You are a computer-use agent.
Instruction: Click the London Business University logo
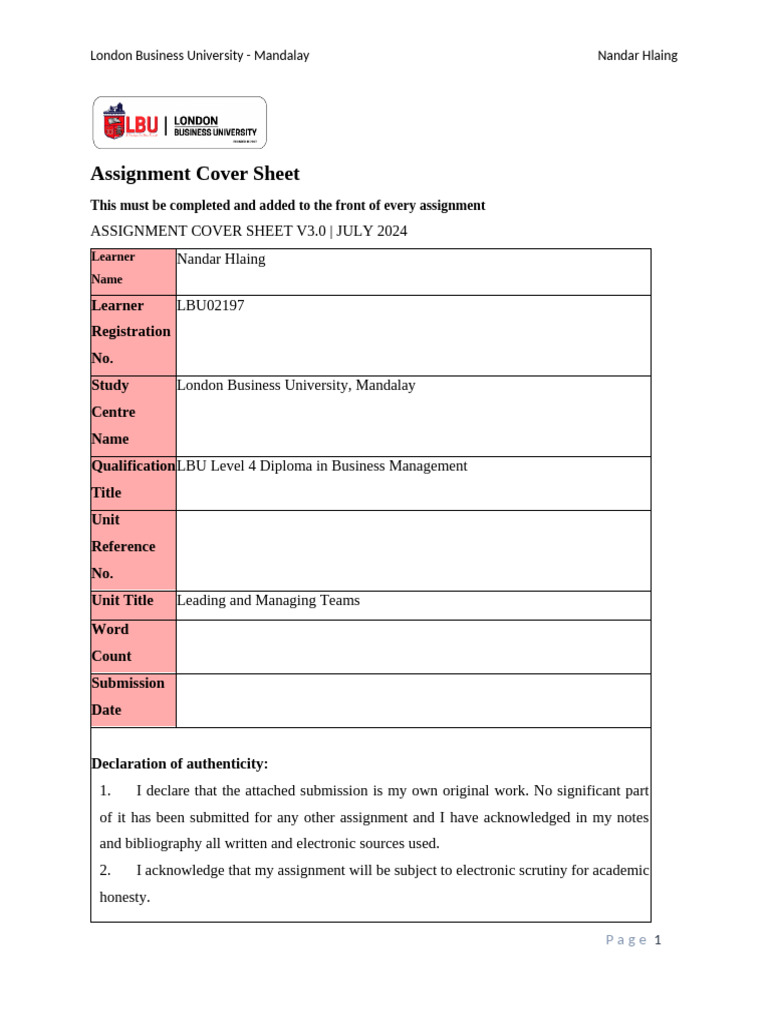pyautogui.click(x=180, y=123)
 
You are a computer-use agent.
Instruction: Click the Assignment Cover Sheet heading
pyautogui.click(x=195, y=174)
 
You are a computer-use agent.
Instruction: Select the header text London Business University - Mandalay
pyautogui.click(x=200, y=56)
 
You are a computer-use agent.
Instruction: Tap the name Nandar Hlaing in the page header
pyautogui.click(x=637, y=56)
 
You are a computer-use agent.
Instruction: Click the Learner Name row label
pyautogui.click(x=112, y=268)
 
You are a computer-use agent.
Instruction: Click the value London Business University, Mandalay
pyautogui.click(x=296, y=386)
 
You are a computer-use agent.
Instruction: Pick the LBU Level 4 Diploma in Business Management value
pyautogui.click(x=322, y=466)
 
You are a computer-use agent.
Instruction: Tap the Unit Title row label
pyautogui.click(x=122, y=601)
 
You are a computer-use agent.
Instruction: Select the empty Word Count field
pyautogui.click(x=412, y=647)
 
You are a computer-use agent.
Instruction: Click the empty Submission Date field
pyautogui.click(x=412, y=700)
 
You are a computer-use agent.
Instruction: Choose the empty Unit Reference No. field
pyautogui.click(x=412, y=550)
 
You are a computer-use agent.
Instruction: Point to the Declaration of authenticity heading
pyautogui.click(x=180, y=764)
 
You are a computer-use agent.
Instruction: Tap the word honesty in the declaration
pyautogui.click(x=124, y=897)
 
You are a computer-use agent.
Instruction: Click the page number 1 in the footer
pyautogui.click(x=658, y=940)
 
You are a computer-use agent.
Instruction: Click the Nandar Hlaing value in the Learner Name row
pyautogui.click(x=221, y=260)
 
